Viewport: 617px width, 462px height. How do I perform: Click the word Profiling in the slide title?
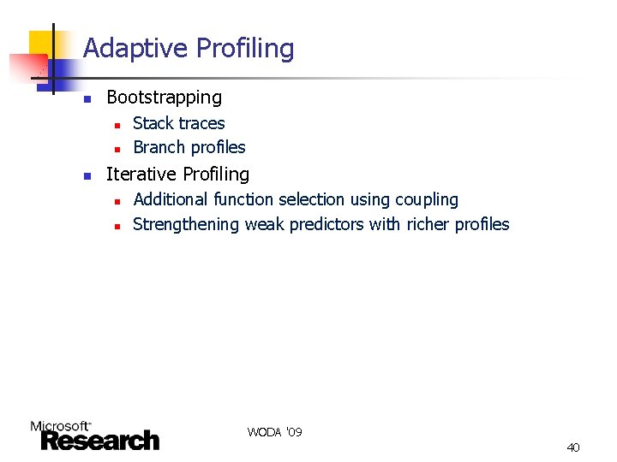(x=245, y=49)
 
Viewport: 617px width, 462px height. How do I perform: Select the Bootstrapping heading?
(x=164, y=98)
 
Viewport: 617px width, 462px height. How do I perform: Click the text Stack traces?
(x=178, y=123)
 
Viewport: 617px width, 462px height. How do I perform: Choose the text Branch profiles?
(x=189, y=147)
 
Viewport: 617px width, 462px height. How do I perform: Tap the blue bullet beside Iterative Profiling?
(x=87, y=175)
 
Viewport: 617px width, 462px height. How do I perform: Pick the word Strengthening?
(x=186, y=225)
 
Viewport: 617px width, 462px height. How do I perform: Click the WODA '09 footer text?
(x=274, y=432)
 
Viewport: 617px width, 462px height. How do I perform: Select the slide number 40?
(x=573, y=447)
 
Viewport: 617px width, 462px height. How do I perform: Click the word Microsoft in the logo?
(x=59, y=425)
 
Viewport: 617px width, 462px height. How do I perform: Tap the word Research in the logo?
(x=99, y=441)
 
